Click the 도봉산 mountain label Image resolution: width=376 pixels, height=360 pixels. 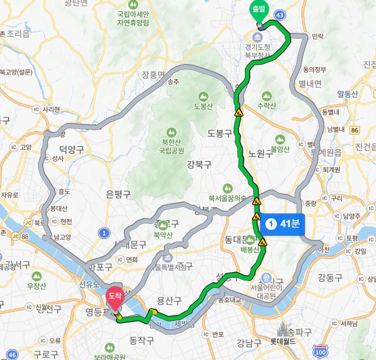[x=203, y=105]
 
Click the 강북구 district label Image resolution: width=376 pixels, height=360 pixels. [x=199, y=165]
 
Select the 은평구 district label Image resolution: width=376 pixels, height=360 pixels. [x=118, y=194]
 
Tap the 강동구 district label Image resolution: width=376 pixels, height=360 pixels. [x=330, y=277]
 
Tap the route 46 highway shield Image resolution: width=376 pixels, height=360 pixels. [x=13, y=354]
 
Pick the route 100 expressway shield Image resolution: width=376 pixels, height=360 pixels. [x=319, y=352]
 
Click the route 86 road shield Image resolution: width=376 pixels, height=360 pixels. [x=354, y=130]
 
